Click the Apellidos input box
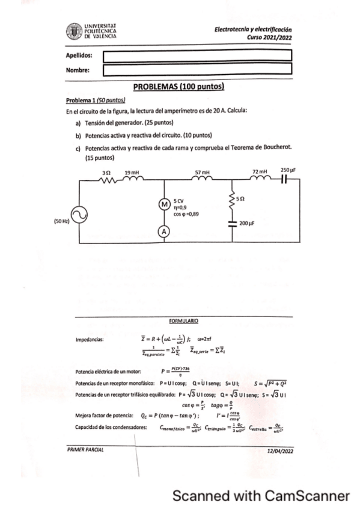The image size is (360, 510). coord(197,56)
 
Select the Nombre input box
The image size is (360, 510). coord(197,70)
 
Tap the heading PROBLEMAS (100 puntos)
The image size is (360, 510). coord(178,87)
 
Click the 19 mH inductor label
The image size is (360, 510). coord(132,172)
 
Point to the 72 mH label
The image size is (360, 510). coord(260,171)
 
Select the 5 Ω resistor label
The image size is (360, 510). coord(240,197)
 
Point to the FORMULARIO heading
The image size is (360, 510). coord(183,321)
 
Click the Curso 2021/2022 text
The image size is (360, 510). coord(272,37)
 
